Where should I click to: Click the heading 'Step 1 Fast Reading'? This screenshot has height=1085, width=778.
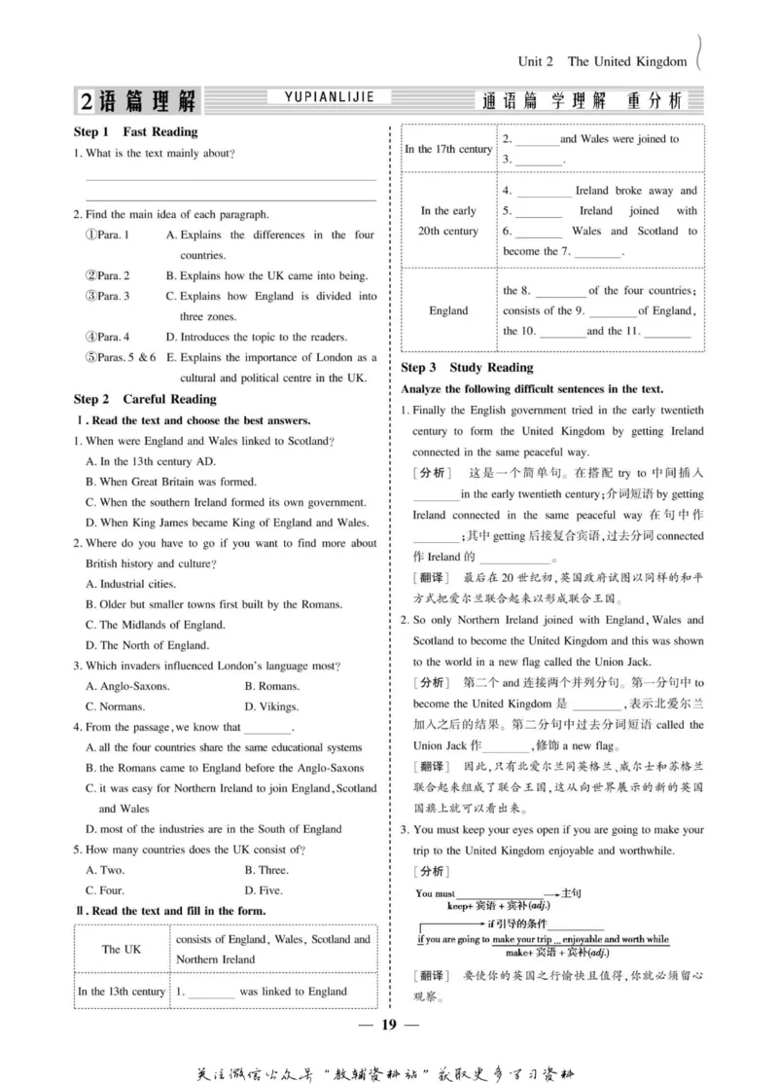click(135, 131)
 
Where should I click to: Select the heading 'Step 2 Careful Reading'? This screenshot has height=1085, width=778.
click(145, 399)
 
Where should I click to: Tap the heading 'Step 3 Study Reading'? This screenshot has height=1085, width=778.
click(467, 368)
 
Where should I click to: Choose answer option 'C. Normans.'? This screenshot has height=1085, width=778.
click(121, 706)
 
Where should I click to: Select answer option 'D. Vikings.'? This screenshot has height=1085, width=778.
click(271, 706)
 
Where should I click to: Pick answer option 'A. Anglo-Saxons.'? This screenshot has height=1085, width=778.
click(127, 686)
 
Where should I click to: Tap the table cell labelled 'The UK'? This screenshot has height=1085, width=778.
click(122, 949)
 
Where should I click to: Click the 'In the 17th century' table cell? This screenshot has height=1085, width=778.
click(448, 149)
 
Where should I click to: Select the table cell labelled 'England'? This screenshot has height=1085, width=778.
click(448, 311)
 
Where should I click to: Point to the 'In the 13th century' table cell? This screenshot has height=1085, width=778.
click(122, 992)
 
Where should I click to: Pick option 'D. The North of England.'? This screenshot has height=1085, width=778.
click(147, 645)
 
